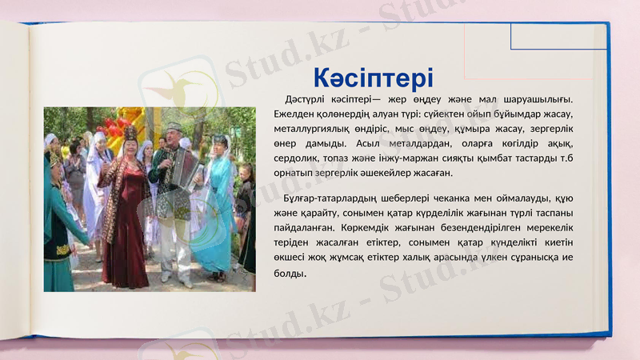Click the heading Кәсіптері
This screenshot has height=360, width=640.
(373, 78)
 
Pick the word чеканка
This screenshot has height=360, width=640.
(442, 198)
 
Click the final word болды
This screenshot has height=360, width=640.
(290, 273)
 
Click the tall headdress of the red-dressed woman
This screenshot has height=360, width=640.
(129, 131)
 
